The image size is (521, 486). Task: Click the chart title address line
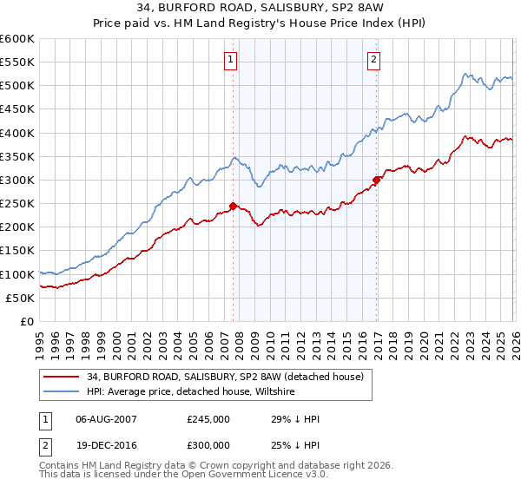pos(260,9)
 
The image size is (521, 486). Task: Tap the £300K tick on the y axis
pos(17,180)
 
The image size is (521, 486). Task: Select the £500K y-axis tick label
pos(17,86)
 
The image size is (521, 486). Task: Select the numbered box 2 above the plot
pos(373,60)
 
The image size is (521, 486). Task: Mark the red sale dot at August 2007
pos(233,206)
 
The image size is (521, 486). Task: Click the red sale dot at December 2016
pos(376,181)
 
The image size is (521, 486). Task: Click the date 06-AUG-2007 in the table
pos(107,419)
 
